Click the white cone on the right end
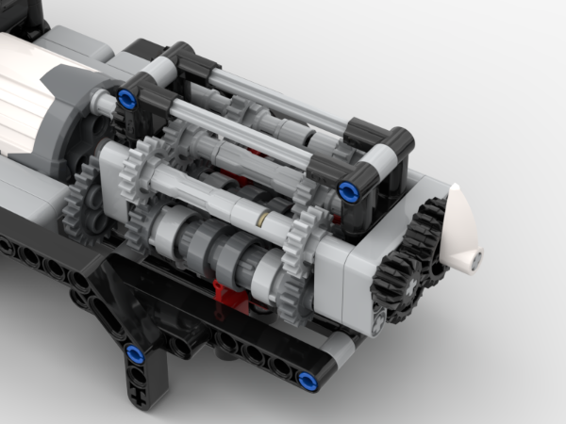point(459,231)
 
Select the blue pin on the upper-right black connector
point(347,190)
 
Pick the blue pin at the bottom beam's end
point(307,381)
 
